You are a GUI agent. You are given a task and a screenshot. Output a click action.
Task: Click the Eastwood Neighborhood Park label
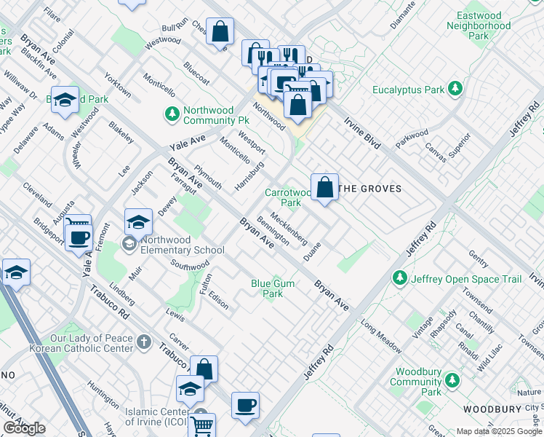(x=479, y=25)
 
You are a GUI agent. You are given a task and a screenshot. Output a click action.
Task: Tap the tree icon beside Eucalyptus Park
(x=455, y=89)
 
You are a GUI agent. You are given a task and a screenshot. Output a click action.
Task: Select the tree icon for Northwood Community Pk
(x=172, y=114)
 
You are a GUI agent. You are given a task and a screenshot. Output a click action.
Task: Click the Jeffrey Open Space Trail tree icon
(x=399, y=278)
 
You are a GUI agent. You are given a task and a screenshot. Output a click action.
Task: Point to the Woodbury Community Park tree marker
(x=452, y=380)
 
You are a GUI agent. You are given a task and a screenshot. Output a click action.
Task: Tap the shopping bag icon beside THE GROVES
(x=325, y=186)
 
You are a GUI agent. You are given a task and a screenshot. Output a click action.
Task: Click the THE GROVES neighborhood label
(x=371, y=189)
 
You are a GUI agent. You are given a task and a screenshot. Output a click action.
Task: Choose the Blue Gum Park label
(x=267, y=288)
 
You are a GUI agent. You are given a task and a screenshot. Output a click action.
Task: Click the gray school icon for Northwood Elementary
(x=130, y=243)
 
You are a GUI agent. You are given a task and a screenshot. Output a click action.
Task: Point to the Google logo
(x=25, y=428)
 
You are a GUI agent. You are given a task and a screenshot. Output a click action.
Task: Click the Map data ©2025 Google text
(x=499, y=431)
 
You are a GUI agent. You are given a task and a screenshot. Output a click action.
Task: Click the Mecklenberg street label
(x=289, y=229)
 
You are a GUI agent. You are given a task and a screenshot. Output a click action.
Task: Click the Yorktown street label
(x=118, y=85)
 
